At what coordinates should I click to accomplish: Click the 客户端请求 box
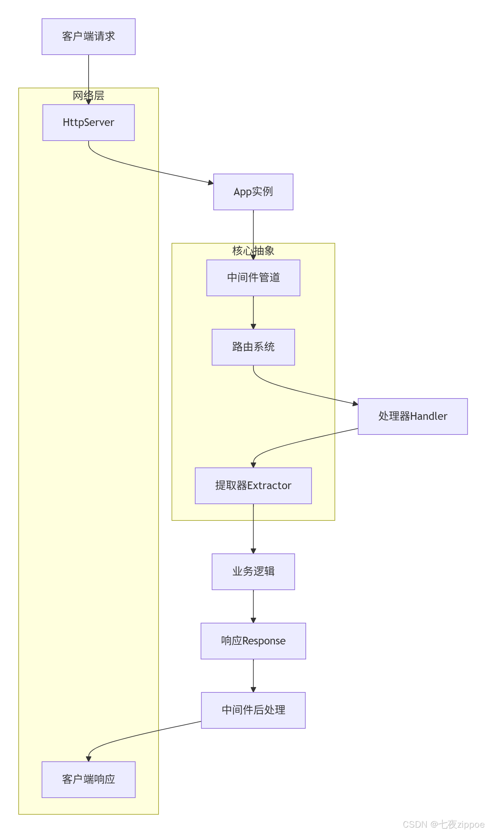(x=88, y=37)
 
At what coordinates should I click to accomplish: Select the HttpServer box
(x=88, y=122)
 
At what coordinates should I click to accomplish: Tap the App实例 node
(x=253, y=192)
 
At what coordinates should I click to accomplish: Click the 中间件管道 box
(x=253, y=278)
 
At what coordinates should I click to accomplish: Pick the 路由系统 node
(x=253, y=347)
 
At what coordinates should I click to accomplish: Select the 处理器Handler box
(x=412, y=416)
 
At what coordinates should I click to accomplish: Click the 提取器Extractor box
(x=253, y=485)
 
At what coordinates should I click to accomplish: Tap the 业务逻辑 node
(x=253, y=571)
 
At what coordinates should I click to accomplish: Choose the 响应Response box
(x=253, y=641)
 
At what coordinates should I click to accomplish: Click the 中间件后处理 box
(x=253, y=710)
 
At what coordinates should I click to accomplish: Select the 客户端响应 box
(x=88, y=779)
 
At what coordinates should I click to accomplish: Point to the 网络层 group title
(x=88, y=96)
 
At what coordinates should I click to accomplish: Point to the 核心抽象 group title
(x=253, y=251)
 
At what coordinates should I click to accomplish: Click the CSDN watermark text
(x=443, y=824)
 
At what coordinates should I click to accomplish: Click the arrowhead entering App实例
(x=211, y=183)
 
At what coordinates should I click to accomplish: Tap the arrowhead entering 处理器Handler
(x=355, y=404)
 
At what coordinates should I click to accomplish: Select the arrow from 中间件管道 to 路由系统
(x=253, y=312)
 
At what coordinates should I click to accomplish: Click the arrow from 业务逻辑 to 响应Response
(x=253, y=605)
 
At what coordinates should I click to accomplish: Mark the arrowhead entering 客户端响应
(x=89, y=759)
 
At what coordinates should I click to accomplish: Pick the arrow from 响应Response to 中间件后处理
(x=253, y=674)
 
